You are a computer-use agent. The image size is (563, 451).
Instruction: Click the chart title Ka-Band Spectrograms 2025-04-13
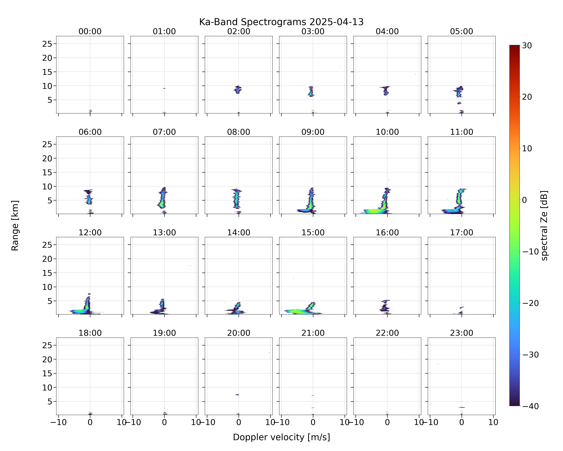click(281, 22)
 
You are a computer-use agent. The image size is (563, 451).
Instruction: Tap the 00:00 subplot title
click(90, 31)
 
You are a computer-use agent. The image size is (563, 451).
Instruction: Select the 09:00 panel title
click(313, 132)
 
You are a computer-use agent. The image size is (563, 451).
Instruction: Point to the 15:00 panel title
click(313, 232)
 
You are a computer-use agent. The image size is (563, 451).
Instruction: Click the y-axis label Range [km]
click(15, 225)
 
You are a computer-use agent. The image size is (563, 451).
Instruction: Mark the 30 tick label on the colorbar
click(527, 46)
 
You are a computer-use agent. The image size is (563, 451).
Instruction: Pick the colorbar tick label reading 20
click(527, 97)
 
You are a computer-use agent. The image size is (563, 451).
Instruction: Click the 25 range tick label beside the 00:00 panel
click(47, 44)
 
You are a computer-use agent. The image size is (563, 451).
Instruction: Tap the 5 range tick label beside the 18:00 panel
click(50, 402)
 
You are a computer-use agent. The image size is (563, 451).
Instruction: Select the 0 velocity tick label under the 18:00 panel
click(90, 422)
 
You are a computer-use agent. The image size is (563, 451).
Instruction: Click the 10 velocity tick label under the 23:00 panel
click(493, 422)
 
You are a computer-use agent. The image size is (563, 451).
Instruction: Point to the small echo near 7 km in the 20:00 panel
click(237, 394)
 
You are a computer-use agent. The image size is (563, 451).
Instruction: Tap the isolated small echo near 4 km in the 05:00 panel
click(459, 103)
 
